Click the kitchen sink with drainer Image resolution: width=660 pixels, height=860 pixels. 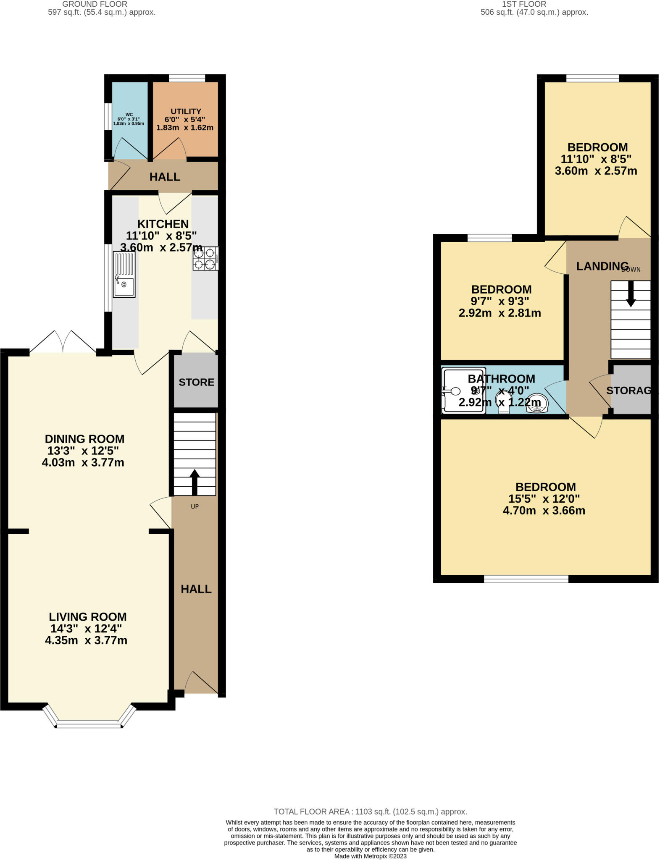pos(124,275)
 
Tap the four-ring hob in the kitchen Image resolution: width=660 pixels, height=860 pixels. pos(205,258)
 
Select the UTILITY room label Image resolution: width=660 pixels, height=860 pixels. pos(185,111)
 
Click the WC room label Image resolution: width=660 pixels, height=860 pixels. pos(129,115)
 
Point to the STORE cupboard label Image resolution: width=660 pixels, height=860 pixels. pos(196,382)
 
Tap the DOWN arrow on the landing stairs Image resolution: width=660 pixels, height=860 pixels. pos(631,294)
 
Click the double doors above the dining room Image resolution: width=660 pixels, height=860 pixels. pos(63,342)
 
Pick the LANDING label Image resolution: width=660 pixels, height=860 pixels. pos(602,266)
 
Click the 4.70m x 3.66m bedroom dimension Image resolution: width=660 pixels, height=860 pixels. pos(544,511)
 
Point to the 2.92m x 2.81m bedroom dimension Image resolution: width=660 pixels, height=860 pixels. pos(500,313)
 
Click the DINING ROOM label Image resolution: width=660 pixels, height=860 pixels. pos(84,439)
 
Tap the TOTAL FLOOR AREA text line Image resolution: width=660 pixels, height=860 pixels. pos(370,812)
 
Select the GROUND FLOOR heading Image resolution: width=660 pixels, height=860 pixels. pos(95,4)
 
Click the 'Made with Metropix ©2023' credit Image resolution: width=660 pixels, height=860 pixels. pos(370,856)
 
